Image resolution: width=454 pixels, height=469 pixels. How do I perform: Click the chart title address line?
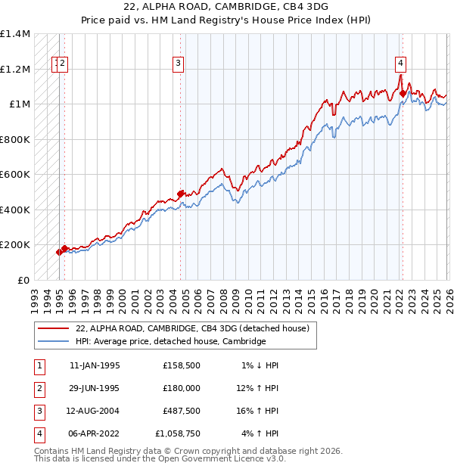pos(227,8)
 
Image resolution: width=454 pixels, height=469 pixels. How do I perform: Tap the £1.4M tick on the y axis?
pos(15,34)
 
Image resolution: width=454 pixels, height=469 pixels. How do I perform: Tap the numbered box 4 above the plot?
pos(400,64)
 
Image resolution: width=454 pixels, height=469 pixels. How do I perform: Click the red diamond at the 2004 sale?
pos(181,194)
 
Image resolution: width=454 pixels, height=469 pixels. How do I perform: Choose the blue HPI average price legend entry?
pos(170,342)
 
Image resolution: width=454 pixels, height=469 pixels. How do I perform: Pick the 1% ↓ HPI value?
pos(260,365)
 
